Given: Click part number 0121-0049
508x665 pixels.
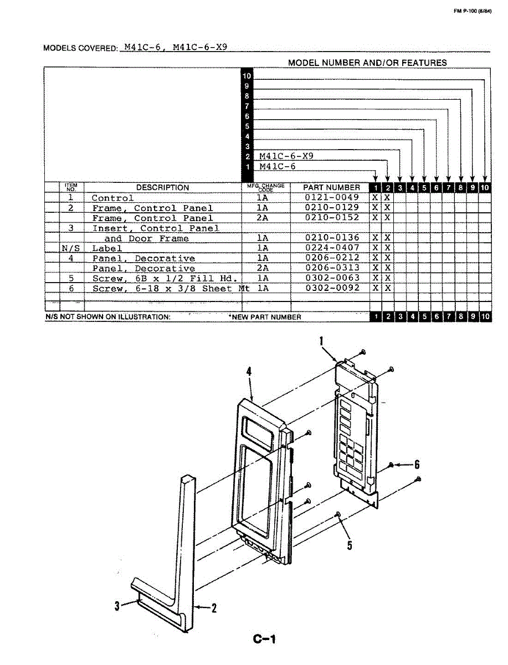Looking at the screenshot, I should pos(332,198).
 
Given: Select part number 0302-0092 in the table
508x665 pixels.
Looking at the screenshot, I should pos(332,288).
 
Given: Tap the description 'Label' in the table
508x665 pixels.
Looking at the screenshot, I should pos(107,248).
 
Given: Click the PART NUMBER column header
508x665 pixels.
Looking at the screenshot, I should pos(331,187).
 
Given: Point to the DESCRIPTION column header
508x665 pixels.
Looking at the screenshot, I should pos(162,188).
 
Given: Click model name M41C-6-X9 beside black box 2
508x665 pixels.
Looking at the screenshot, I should pos(286,156).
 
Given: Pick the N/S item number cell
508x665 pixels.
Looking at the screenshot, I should pos(71,248).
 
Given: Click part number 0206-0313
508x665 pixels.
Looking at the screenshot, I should pos(332,268).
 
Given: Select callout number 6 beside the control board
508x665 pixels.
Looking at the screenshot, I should pos(417,464).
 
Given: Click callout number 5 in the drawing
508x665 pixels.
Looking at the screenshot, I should pos(350,545).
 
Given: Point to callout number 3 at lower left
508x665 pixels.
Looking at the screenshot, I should pos(117,606).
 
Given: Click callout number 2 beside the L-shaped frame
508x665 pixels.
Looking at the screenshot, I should pos(214,608).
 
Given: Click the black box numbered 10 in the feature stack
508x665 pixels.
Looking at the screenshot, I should pos(247,76).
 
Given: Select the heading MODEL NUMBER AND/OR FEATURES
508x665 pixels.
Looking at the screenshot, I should pos(367,63).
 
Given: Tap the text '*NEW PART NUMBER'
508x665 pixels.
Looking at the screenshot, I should pos(265,317).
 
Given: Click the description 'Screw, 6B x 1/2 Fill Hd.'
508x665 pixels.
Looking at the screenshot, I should pos(165,278).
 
